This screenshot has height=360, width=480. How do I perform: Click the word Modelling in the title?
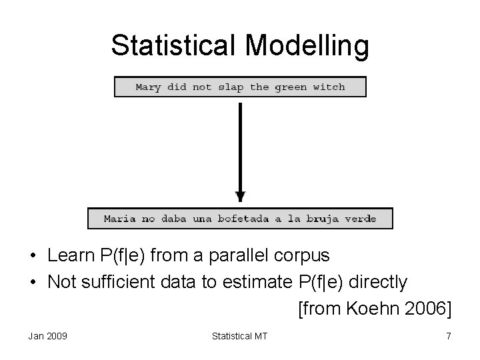307,45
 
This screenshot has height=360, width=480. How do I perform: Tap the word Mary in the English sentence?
148,87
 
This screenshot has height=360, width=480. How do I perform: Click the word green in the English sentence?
291,87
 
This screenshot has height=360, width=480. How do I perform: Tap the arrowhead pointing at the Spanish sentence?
240,197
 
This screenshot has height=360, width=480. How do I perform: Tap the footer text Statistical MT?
239,336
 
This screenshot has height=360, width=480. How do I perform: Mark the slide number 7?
449,336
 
